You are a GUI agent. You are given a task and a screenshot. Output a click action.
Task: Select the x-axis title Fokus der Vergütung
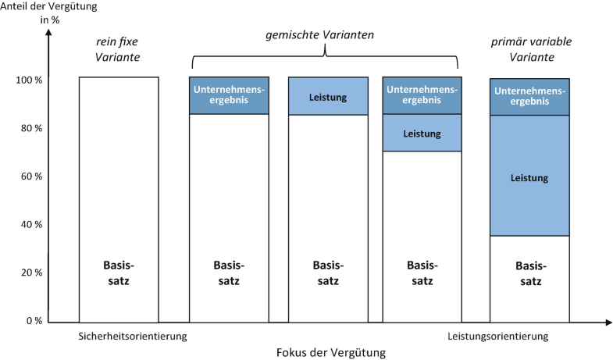click(x=331, y=351)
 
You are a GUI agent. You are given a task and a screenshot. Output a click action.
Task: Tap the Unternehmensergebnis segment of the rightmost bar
click(x=529, y=97)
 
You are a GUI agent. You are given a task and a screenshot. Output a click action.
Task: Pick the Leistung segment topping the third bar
click(x=328, y=96)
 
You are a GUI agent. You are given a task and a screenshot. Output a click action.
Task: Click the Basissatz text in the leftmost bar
click(x=119, y=271)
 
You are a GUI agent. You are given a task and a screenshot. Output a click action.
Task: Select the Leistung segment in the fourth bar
click(x=422, y=133)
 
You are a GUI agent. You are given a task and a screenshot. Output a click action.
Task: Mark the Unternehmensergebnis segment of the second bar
click(x=229, y=95)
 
